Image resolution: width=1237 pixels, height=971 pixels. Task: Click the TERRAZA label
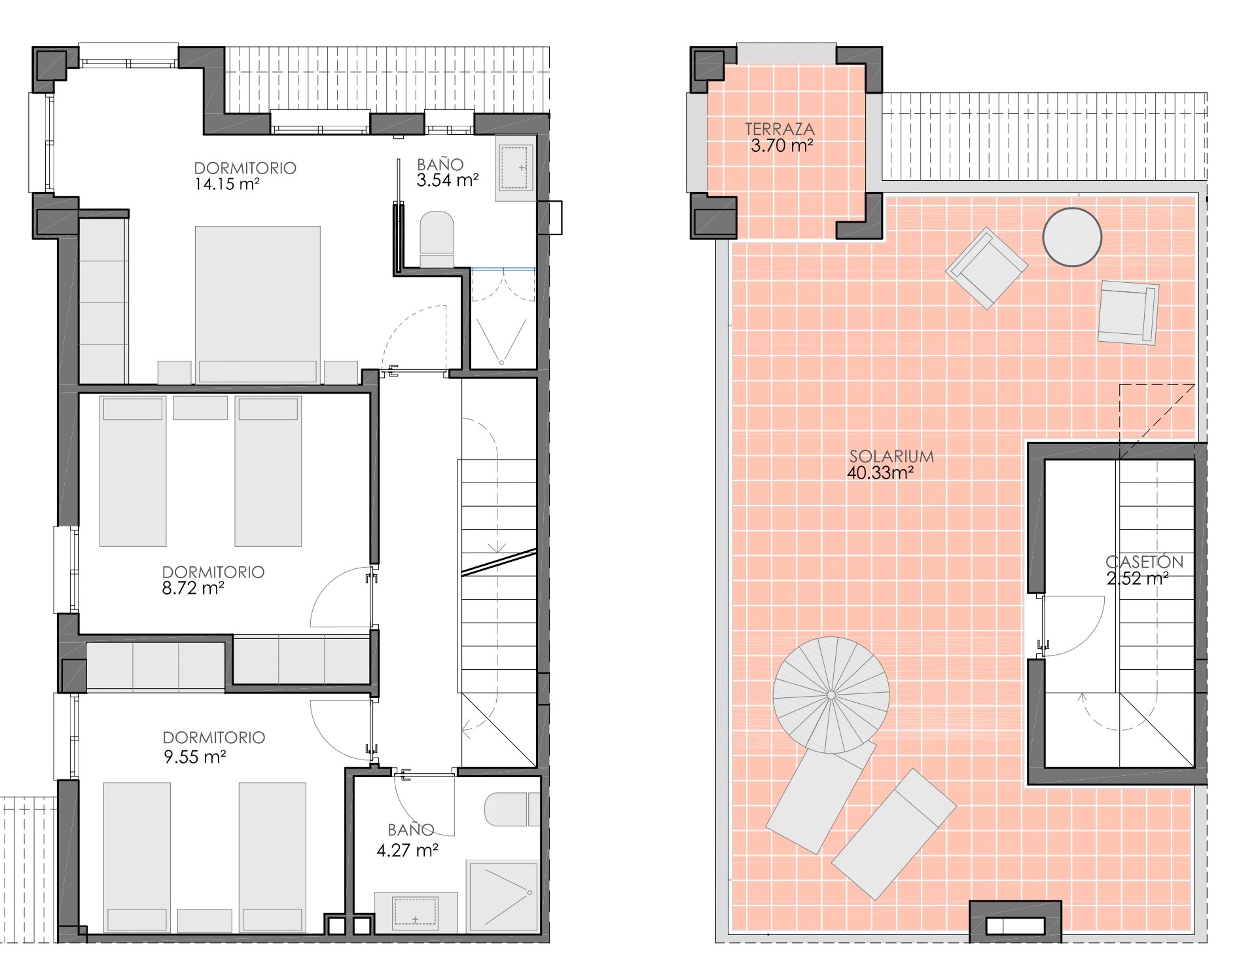coord(780,130)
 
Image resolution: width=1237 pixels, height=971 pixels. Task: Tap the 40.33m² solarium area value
coord(880,473)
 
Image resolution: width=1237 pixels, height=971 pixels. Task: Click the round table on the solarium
coord(1072,236)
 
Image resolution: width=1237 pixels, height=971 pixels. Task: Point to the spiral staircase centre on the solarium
coord(831,695)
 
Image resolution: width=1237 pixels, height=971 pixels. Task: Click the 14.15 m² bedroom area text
coord(227,184)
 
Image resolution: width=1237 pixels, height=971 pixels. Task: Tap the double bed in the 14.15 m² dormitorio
coord(258,304)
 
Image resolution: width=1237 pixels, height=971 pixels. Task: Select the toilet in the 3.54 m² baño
coord(437,239)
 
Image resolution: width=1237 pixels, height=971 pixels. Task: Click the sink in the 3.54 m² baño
coord(516,168)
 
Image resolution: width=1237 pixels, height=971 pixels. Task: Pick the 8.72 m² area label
coord(193,588)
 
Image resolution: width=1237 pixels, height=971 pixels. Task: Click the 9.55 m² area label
coord(194,758)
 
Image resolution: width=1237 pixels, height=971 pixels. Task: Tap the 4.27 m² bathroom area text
coord(407,851)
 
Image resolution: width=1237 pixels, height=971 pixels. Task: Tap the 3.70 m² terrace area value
coord(782,145)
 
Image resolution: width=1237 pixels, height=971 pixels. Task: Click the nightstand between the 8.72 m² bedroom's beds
coord(200,408)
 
